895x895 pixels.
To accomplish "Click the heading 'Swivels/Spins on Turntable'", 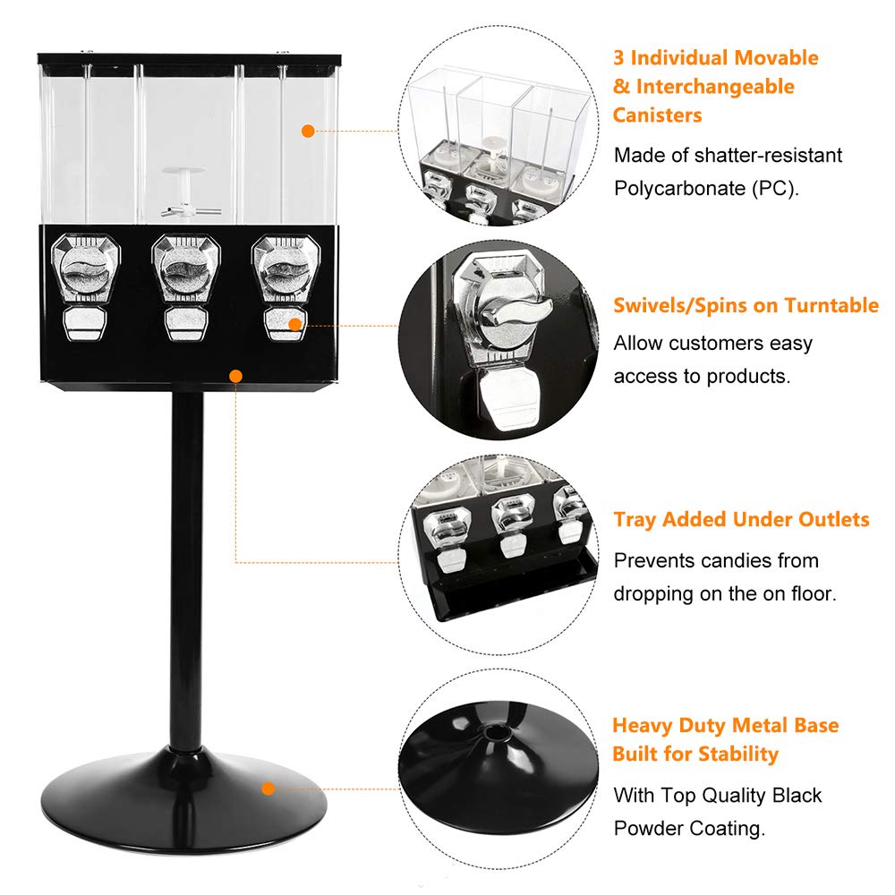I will click(746, 305).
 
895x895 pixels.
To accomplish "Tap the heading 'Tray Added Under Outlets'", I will click(741, 519).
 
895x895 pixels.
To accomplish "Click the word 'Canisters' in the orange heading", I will click(657, 115).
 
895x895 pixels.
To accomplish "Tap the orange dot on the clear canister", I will click(308, 131).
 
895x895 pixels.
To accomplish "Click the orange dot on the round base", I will click(267, 788).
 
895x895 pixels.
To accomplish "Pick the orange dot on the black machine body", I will click(235, 376).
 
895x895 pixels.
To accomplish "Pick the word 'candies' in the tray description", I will click(722, 560).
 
